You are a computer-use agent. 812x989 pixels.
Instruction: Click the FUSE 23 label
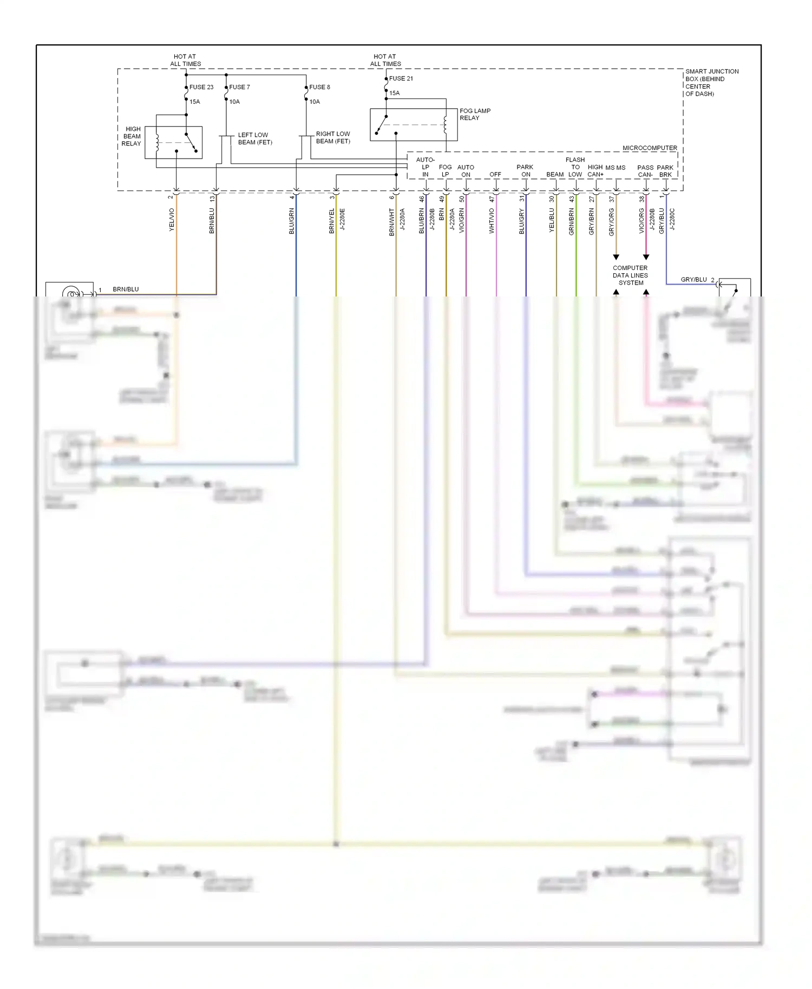(201, 87)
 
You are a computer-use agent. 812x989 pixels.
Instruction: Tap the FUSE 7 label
(239, 87)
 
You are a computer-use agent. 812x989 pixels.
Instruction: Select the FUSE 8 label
(319, 87)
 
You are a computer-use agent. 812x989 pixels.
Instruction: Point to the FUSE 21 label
(401, 78)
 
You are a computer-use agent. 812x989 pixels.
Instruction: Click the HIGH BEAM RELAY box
(173, 142)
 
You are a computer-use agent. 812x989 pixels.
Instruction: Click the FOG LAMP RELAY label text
(475, 114)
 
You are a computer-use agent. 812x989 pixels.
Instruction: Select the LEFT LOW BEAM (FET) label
(254, 139)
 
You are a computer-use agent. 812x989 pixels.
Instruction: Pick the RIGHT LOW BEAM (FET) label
(333, 137)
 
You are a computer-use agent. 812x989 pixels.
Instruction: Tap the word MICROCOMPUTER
(650, 148)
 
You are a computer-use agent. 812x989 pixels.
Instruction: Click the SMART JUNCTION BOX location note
(711, 82)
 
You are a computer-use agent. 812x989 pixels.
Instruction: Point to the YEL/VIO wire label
(172, 220)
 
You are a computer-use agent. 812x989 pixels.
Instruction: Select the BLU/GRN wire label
(292, 221)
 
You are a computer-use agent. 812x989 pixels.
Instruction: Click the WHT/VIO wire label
(492, 221)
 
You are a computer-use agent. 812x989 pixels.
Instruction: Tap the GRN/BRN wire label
(572, 221)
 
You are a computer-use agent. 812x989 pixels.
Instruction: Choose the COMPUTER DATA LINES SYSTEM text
(630, 275)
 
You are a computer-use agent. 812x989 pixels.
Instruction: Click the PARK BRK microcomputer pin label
(665, 171)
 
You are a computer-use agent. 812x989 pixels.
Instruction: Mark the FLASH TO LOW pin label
(575, 167)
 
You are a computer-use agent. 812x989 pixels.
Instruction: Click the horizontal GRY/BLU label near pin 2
(693, 280)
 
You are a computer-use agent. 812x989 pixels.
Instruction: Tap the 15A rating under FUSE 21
(395, 93)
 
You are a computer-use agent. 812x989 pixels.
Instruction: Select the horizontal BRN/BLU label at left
(126, 289)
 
